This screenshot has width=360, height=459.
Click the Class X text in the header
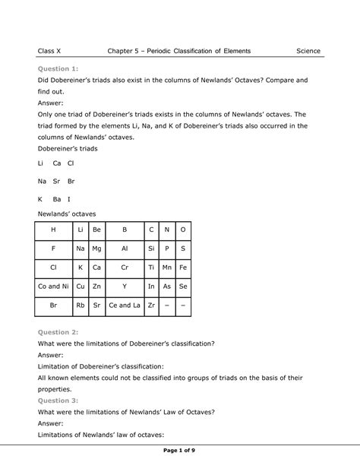(50, 51)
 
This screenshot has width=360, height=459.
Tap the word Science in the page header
(308, 51)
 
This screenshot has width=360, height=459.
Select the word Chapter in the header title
(123, 51)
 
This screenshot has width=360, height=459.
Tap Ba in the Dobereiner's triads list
(56, 199)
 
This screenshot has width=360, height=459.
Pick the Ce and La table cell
(125, 306)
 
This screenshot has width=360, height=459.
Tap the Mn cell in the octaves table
(167, 267)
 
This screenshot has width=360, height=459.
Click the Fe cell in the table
(182, 267)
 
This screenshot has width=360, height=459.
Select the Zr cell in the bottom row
(151, 306)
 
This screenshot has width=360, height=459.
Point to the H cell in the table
(53, 229)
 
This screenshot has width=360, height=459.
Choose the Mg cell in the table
(96, 248)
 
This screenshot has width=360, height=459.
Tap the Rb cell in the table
(80, 306)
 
